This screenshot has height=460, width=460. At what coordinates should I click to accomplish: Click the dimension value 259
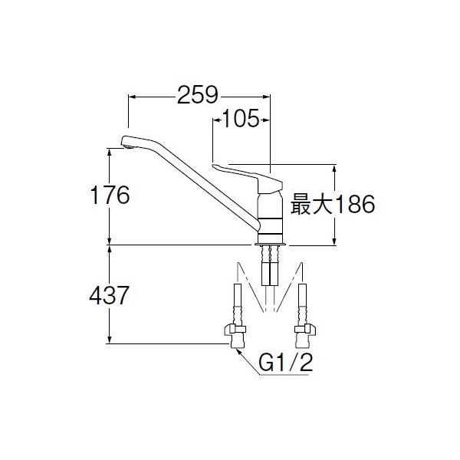click(198, 95)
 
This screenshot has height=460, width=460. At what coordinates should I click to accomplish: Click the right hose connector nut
click(305, 331)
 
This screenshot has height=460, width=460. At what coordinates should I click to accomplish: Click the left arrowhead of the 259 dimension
click(130, 97)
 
